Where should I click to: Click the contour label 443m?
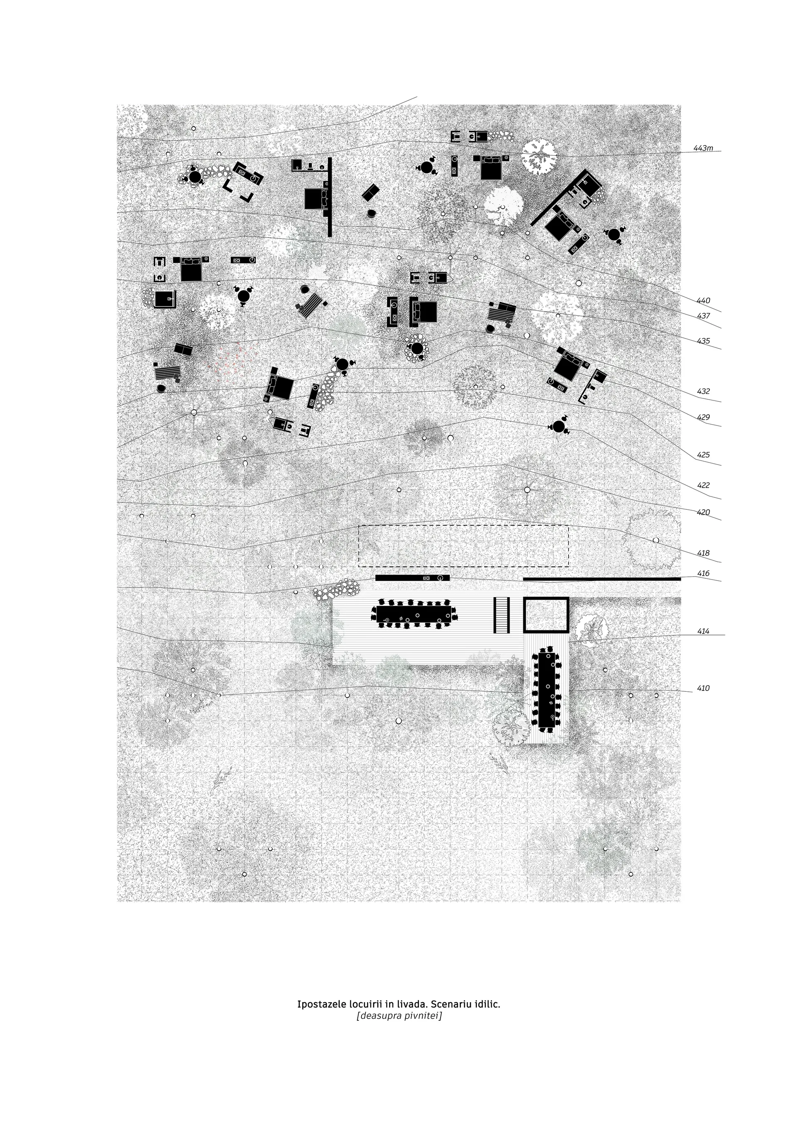point(703,148)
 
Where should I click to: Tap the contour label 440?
point(703,301)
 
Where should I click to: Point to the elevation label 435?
point(703,341)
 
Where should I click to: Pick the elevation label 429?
point(703,417)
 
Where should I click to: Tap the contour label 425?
point(703,455)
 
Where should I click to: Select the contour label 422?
point(703,485)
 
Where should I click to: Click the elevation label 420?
point(703,512)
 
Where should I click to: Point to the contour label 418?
point(703,553)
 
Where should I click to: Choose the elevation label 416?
point(703,573)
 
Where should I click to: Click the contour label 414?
point(703,632)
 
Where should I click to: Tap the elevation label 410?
point(703,688)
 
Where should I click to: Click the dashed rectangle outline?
point(463,526)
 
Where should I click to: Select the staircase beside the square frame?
point(501,614)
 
